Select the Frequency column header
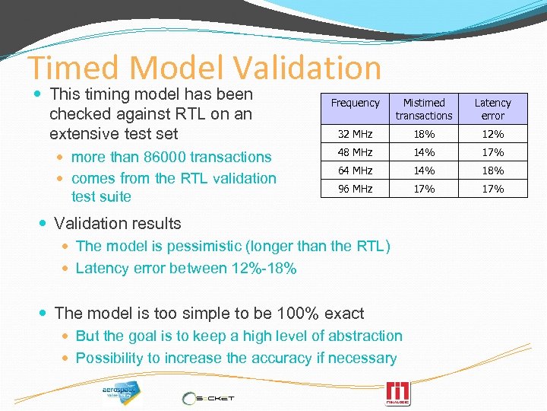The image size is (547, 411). coord(355,103)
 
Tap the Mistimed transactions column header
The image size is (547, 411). coord(424,109)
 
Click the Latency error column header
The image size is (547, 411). coord(492,109)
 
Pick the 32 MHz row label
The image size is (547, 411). coord(355,134)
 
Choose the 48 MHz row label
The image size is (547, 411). coord(355,152)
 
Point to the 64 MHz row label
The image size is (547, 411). coord(355,170)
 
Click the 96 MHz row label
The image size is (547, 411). coord(355,189)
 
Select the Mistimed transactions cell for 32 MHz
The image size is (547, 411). coord(424,134)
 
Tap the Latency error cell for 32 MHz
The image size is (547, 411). coord(492,134)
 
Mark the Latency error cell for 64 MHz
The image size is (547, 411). coord(492,170)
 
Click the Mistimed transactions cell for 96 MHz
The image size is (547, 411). coord(424,189)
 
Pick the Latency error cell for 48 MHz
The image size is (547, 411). coord(492,152)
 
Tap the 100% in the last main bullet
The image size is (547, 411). coord(288,313)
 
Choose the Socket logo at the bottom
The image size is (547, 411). coord(208,397)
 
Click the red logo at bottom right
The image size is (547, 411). coord(398,393)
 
